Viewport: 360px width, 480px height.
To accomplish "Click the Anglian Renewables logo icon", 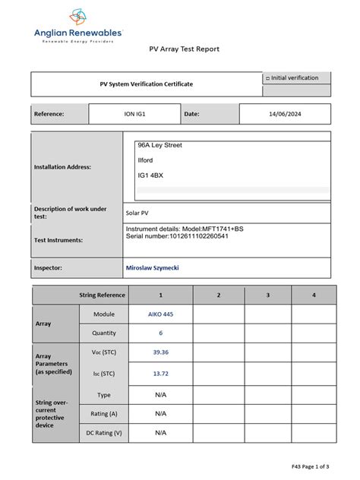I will [79, 16].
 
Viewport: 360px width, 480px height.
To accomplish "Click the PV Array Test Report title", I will [183, 49].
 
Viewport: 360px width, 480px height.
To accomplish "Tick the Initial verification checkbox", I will [267, 78].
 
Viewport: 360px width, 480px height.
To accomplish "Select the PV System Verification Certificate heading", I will [147, 84].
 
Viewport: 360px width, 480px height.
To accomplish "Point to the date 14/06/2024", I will [285, 114].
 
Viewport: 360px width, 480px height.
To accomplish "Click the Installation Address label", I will [62, 166].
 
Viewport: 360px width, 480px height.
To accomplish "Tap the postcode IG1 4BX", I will [150, 175].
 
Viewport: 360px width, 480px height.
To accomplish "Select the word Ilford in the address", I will [145, 160].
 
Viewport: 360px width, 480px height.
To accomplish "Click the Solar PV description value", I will [137, 213].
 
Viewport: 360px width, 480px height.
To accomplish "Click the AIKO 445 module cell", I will [160, 314].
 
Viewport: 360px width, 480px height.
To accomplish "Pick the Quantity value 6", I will [160, 333].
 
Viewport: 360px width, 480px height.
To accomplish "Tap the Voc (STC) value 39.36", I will [160, 353].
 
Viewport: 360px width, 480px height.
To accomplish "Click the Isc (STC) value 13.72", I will [160, 374].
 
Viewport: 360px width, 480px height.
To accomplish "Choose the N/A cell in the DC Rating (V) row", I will [160, 433].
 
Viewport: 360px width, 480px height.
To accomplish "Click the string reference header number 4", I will [314, 295].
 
